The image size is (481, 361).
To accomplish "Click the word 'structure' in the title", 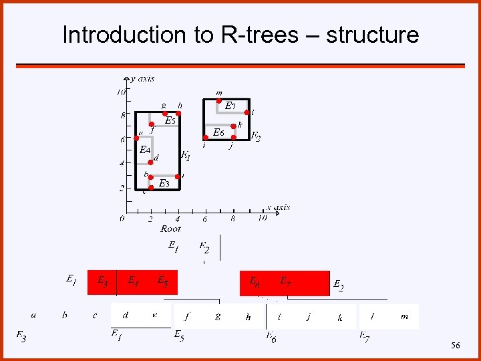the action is pyautogui.click(x=372, y=35).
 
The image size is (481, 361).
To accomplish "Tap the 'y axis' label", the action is pyautogui.click(x=143, y=79).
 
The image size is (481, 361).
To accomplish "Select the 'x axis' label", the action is pyautogui.click(x=278, y=208).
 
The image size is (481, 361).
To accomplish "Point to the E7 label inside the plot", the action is pyautogui.click(x=230, y=106).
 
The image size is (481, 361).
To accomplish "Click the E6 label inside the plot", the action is pyautogui.click(x=218, y=132).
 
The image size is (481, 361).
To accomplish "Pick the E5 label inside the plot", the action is pyautogui.click(x=170, y=121).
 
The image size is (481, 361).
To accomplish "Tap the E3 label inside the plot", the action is pyautogui.click(x=164, y=183).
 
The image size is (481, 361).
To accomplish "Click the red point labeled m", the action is pyautogui.click(x=218, y=101).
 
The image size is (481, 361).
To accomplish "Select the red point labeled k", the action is pyautogui.click(x=233, y=126).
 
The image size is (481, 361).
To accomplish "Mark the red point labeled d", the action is pyautogui.click(x=151, y=161).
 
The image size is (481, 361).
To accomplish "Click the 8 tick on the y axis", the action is pyautogui.click(x=122, y=115).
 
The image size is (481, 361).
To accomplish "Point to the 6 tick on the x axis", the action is pyautogui.click(x=205, y=218).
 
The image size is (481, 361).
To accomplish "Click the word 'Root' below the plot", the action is pyautogui.click(x=171, y=229).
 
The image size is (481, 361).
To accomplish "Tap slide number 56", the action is pyautogui.click(x=456, y=346).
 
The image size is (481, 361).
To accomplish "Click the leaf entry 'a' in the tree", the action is pyautogui.click(x=34, y=315).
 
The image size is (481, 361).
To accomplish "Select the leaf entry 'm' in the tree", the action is pyautogui.click(x=404, y=316).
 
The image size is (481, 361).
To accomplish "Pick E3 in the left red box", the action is pyautogui.click(x=104, y=281).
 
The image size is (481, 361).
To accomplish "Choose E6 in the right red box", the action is pyautogui.click(x=255, y=281).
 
